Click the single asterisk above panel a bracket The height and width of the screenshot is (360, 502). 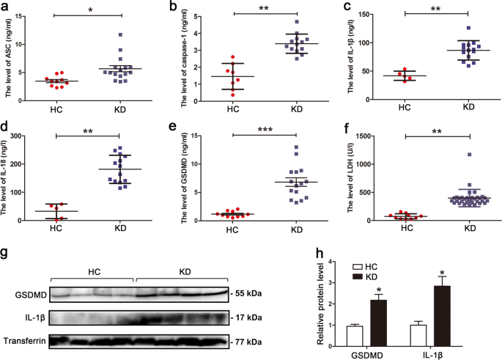click(x=89, y=10)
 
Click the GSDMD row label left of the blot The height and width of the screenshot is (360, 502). click(x=28, y=293)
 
